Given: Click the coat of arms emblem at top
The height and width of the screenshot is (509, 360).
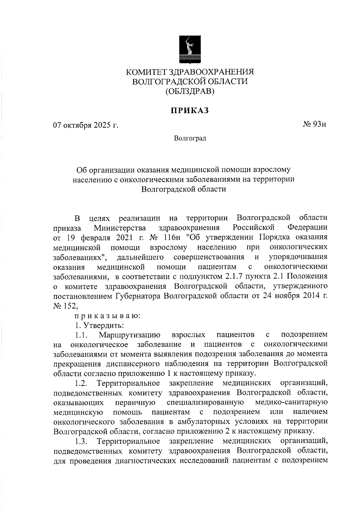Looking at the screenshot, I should pos(189,50).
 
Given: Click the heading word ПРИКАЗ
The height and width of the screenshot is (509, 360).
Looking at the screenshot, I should pos(190,111).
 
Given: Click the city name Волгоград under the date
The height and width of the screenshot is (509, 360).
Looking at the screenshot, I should pos(190,139).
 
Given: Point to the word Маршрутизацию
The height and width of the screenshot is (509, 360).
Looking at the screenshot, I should pos(130,335).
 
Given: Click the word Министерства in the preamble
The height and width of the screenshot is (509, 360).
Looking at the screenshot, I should pos(120,228).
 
